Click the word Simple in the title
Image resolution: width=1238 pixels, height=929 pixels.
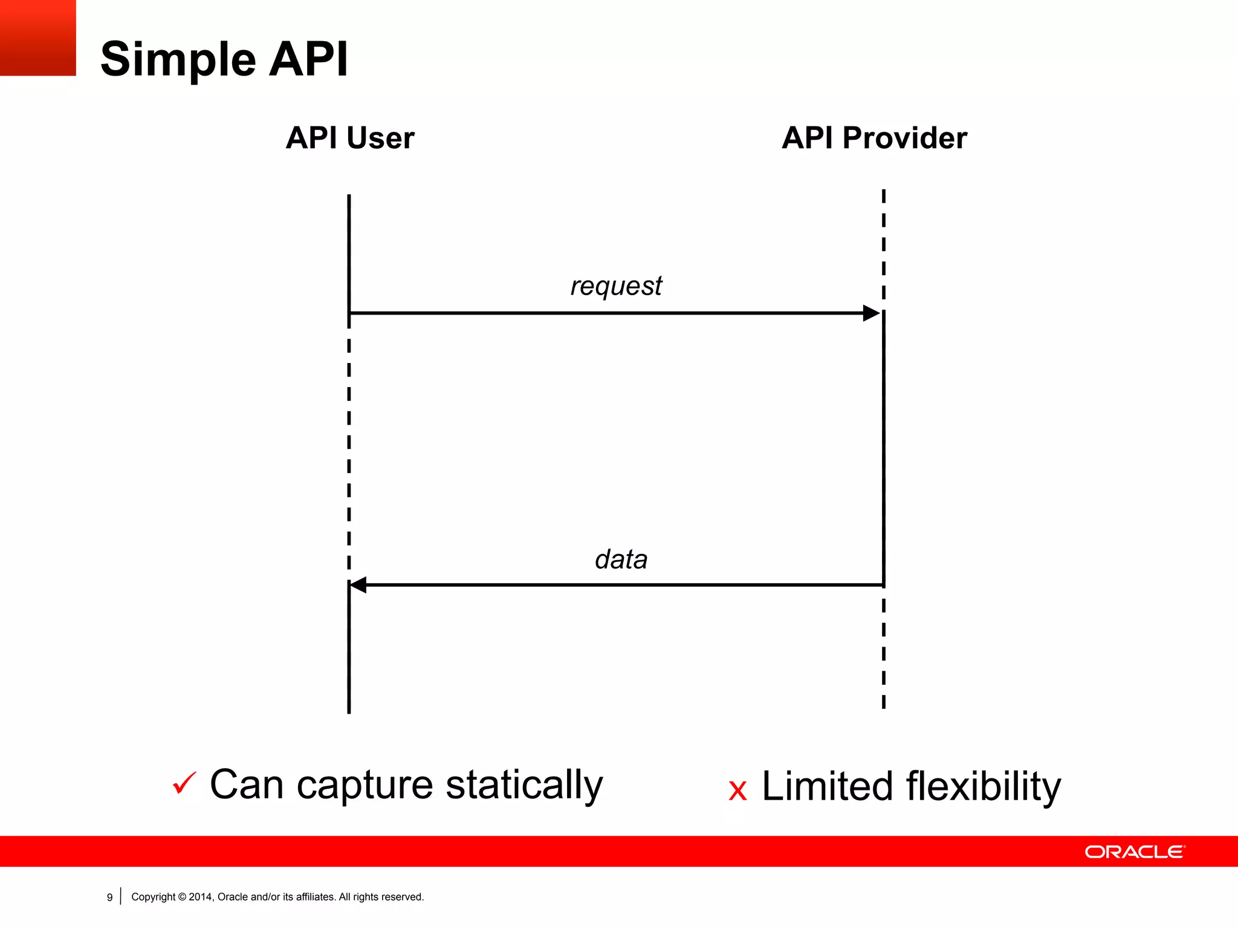coord(178,59)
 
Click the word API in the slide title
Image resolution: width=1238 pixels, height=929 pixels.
coord(308,59)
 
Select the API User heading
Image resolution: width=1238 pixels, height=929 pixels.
coord(349,138)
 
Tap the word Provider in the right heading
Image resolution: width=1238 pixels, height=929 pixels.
coord(904,138)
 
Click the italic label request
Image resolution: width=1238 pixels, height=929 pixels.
coord(616,285)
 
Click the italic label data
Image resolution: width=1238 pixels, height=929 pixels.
coord(621,559)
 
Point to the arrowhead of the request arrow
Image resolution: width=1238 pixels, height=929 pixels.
coord(871,313)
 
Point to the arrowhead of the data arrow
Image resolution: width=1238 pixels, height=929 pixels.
coord(358,585)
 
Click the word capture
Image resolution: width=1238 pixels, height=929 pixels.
coord(365,785)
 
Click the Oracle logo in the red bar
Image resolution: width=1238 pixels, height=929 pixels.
coord(1135,852)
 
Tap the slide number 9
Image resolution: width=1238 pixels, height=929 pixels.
coord(109,897)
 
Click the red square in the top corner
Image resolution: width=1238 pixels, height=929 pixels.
coord(37,37)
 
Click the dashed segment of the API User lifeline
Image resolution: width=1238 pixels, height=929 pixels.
coord(349,454)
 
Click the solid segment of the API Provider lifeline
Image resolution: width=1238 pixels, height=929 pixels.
coord(884,448)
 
